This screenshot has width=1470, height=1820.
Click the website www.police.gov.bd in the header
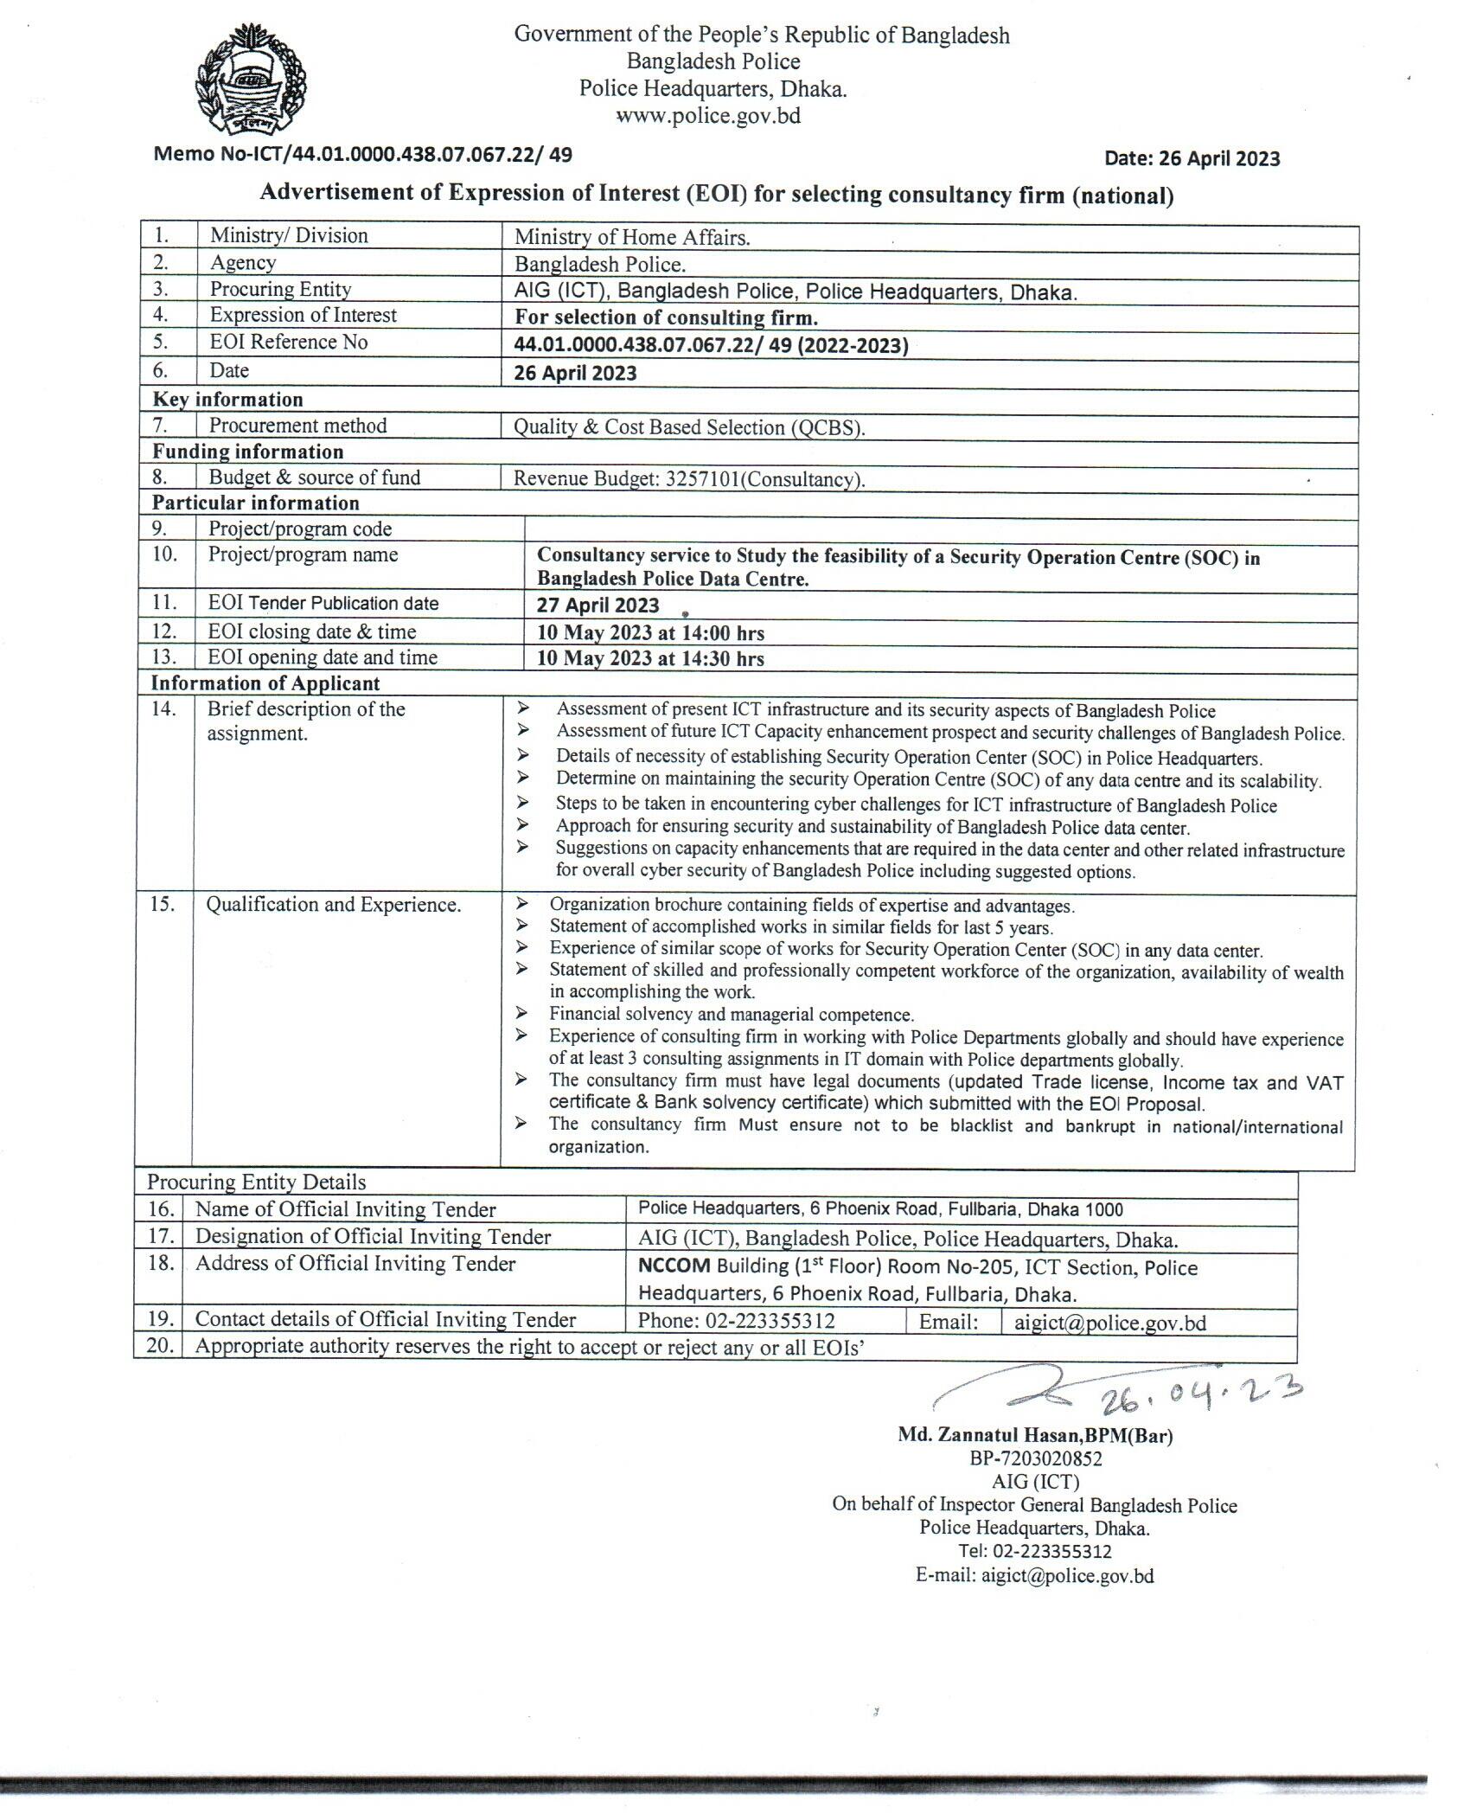pos(707,116)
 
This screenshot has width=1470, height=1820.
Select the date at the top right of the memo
pos(1192,158)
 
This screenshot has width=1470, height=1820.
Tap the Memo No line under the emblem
pos(362,155)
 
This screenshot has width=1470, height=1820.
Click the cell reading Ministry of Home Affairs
pos(632,237)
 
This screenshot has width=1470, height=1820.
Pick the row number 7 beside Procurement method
pos(163,426)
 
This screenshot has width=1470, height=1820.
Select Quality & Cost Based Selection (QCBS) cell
pos(689,427)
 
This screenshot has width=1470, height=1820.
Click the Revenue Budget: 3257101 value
pos(689,479)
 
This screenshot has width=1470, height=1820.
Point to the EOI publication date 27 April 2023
pos(598,606)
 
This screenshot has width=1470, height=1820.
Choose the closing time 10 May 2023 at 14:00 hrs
pos(650,633)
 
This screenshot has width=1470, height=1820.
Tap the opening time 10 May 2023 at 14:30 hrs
pos(650,658)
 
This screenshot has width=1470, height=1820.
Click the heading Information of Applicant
pos(265,683)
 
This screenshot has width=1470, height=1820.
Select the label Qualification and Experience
pos(333,905)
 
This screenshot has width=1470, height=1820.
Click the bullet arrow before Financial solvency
pos(521,1013)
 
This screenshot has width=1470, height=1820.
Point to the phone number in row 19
pos(736,1322)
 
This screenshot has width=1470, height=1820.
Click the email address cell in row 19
pos(1109,1323)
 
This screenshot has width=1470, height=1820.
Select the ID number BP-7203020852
pos(1035,1458)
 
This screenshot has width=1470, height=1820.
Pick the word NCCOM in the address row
pos(674,1266)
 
